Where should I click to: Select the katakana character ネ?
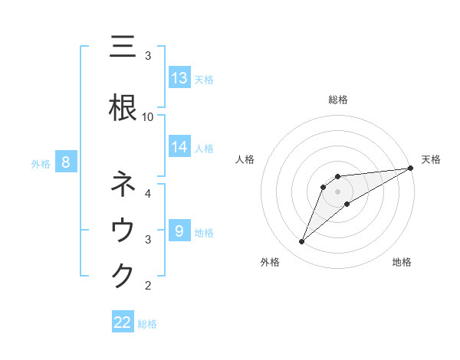click(123, 185)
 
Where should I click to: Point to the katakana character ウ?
click(123, 231)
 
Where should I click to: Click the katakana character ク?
click(123, 276)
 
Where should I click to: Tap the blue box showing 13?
click(179, 78)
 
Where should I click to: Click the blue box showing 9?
click(179, 231)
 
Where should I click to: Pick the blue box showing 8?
click(66, 162)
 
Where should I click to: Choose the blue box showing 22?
click(123, 322)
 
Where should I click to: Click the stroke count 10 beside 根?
click(148, 116)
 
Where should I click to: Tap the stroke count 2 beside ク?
click(148, 286)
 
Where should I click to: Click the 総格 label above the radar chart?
click(337, 100)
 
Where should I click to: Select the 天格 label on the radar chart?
click(431, 159)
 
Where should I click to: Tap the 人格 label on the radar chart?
click(245, 159)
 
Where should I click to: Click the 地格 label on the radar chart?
click(402, 263)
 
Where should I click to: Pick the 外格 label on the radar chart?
click(270, 263)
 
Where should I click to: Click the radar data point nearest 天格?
click(411, 168)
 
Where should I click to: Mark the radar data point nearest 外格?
click(302, 242)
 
